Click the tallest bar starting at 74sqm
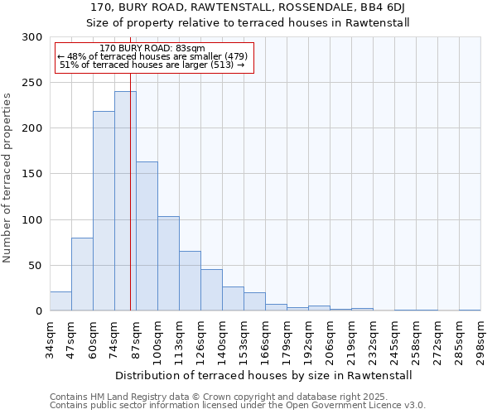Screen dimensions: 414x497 coord(125,201)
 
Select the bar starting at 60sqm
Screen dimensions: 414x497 coord(104,211)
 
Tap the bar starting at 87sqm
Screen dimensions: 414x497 coord(147,236)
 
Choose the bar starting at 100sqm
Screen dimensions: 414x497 coord(168,263)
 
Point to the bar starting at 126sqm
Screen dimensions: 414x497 coord(211,290)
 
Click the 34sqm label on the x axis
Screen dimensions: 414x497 coord(50,340)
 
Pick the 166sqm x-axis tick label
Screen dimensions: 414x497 coord(265,340)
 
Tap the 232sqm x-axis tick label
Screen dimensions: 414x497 coord(373,340)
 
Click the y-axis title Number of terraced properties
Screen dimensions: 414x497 coord(8,178)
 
